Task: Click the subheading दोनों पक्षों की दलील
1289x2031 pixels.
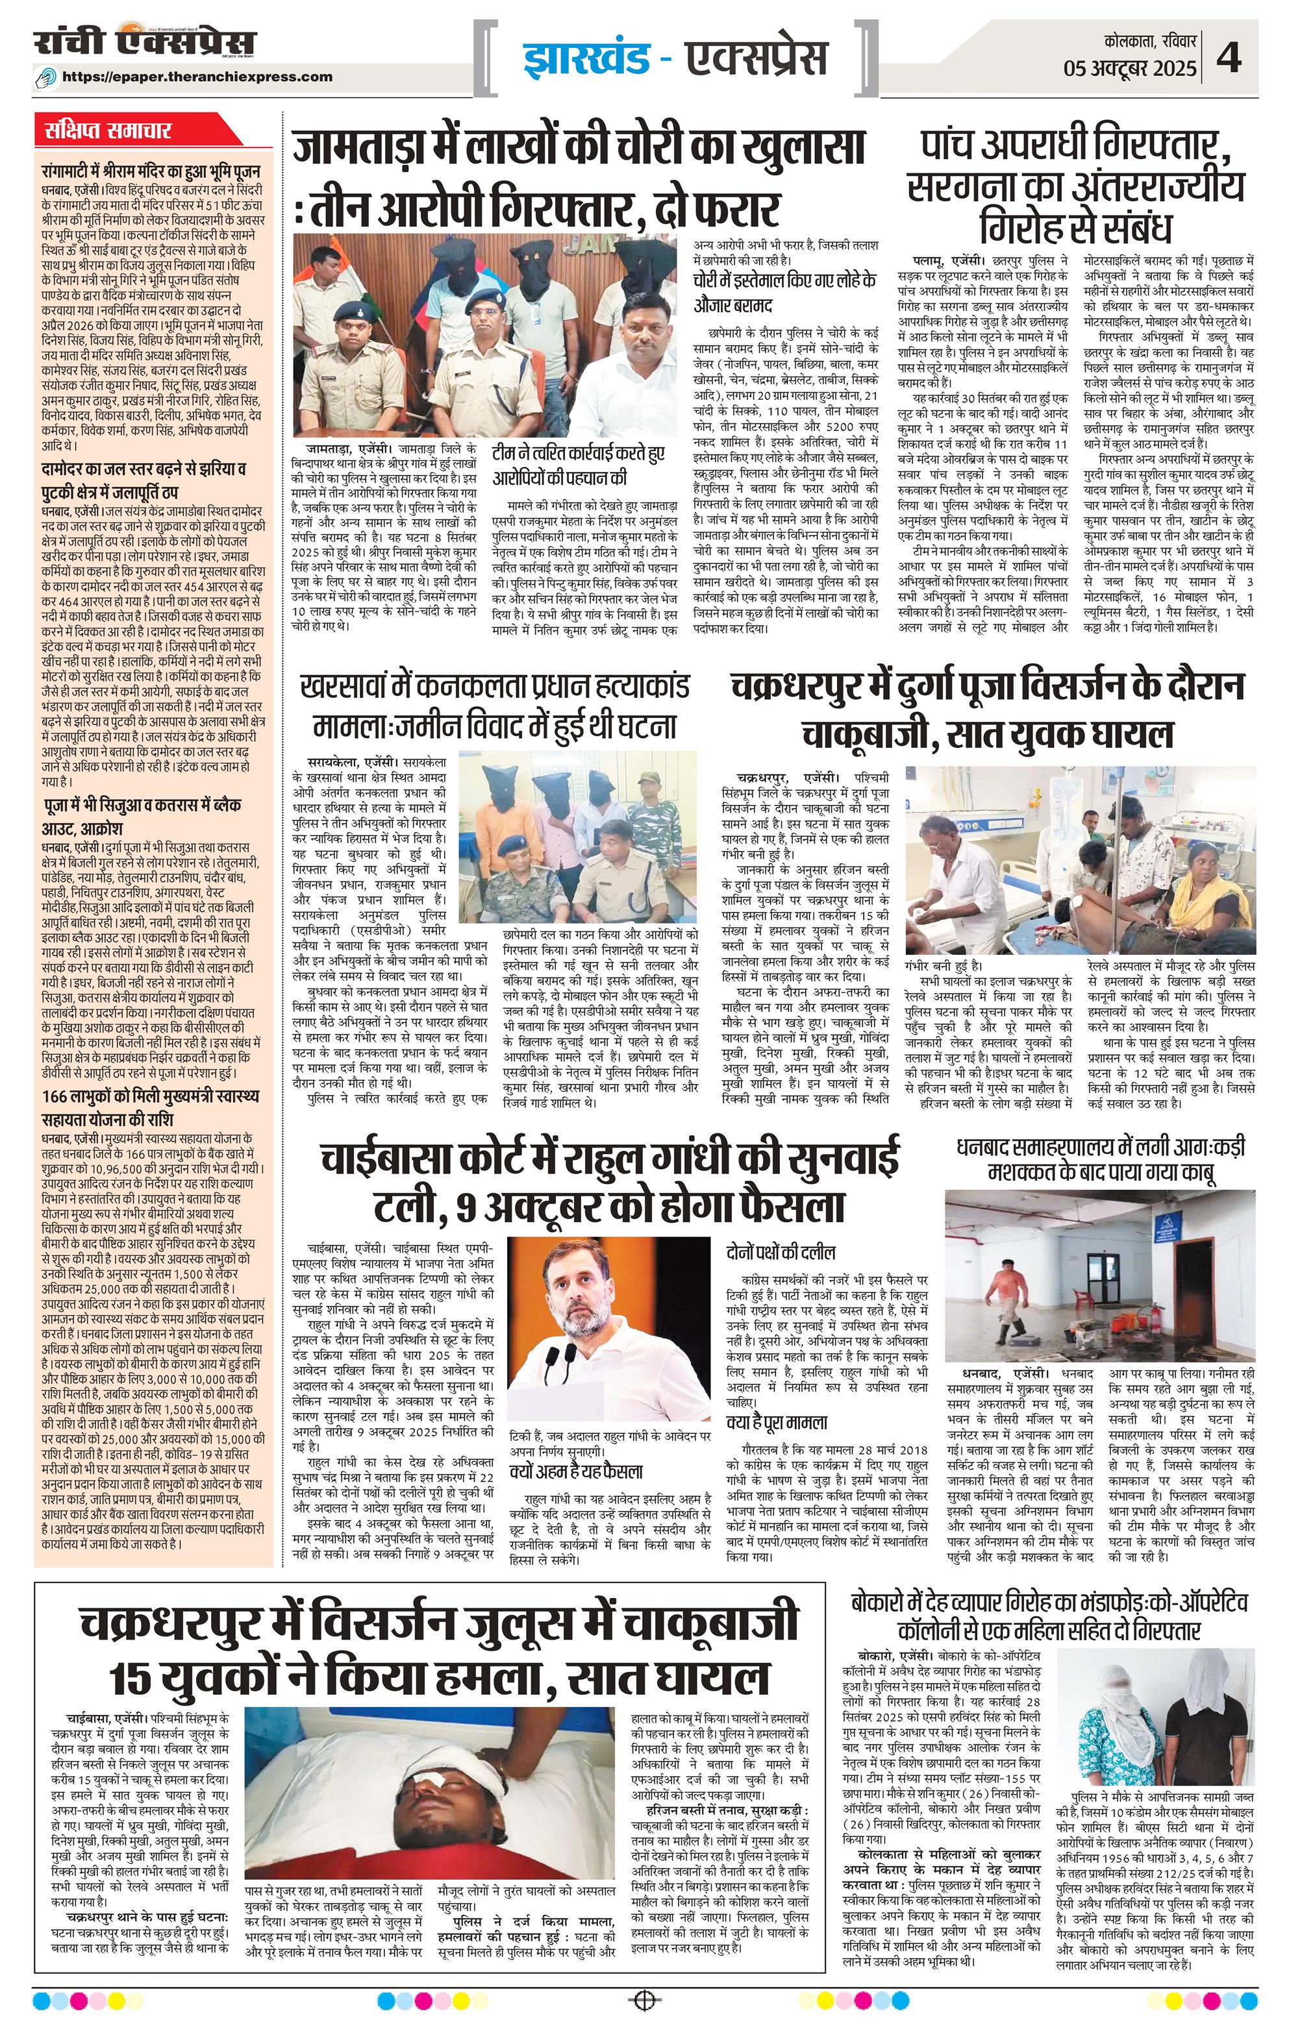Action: (x=776, y=1250)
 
